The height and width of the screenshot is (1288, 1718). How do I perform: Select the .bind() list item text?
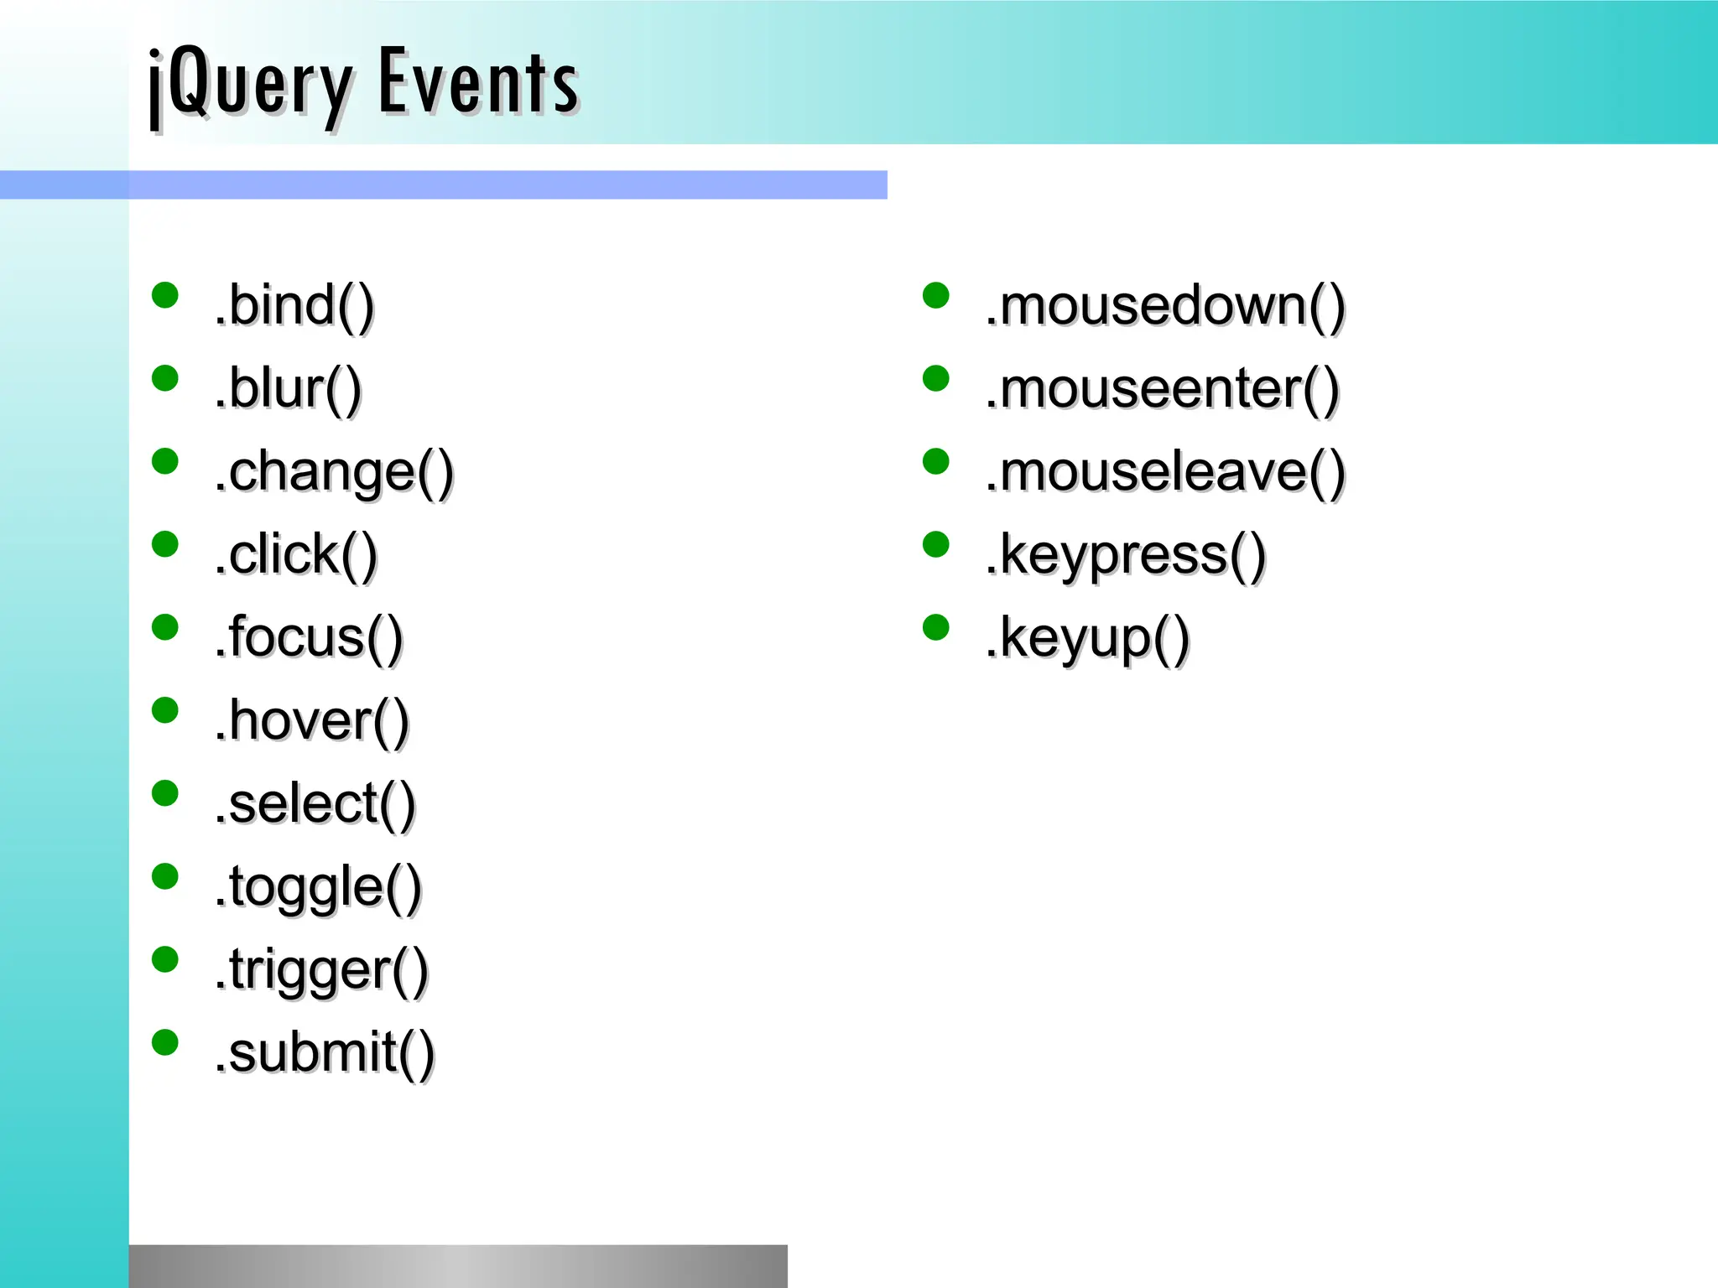[x=294, y=305]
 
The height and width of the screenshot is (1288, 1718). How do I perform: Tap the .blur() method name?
[x=288, y=388]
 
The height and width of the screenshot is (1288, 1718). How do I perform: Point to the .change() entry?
[x=333, y=472]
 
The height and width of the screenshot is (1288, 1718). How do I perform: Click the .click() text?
[x=295, y=554]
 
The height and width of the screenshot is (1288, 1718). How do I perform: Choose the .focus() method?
[x=308, y=637]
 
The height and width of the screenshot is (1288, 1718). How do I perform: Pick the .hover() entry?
[x=311, y=720]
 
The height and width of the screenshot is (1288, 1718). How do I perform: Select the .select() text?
[x=315, y=803]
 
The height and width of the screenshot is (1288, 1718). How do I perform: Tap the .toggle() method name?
[x=317, y=887]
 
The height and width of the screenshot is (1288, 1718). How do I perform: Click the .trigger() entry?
[x=321, y=970]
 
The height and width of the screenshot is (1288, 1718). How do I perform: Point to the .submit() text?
[x=324, y=1053]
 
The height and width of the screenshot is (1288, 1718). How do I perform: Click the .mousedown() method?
[x=1165, y=305]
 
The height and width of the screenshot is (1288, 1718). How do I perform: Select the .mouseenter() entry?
[x=1162, y=388]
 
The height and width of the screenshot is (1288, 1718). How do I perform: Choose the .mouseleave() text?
[x=1165, y=472]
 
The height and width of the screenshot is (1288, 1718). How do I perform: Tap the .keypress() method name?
[x=1125, y=555]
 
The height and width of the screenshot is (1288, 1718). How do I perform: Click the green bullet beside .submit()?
[x=165, y=1042]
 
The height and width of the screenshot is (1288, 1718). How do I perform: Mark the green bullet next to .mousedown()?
[x=935, y=295]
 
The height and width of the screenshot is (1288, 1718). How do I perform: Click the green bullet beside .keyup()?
[x=935, y=627]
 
